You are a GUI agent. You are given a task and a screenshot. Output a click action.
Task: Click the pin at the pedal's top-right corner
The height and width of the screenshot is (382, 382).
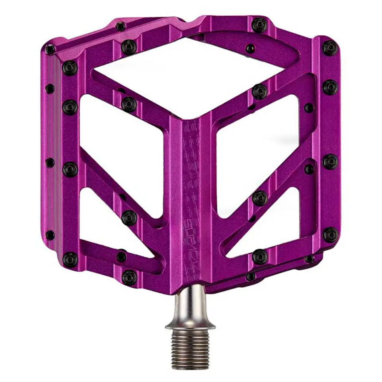pos(329,48)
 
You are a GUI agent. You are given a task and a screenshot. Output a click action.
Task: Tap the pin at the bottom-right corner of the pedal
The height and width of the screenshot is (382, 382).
pos(330,235)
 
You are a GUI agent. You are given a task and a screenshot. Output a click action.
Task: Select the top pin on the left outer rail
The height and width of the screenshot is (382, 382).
pos(70,68)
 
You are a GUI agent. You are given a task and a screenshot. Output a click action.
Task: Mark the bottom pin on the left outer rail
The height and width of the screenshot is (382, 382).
pos(70,259)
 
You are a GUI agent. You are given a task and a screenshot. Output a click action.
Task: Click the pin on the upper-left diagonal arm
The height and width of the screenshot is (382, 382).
pos(129,104)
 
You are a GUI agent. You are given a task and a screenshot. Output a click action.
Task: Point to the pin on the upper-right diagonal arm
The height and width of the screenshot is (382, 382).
pos(259,92)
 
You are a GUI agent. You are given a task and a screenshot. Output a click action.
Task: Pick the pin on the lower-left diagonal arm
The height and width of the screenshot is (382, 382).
pos(129,218)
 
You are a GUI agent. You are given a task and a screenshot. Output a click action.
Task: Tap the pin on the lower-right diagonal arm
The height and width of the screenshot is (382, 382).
pos(260,198)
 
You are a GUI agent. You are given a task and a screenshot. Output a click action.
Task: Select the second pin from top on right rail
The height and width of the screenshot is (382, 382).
pos(330,87)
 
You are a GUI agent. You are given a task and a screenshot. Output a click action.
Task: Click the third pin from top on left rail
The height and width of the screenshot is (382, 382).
pos(70,170)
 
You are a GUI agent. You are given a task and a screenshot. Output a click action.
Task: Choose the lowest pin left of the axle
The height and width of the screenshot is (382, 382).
pos(129,277)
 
